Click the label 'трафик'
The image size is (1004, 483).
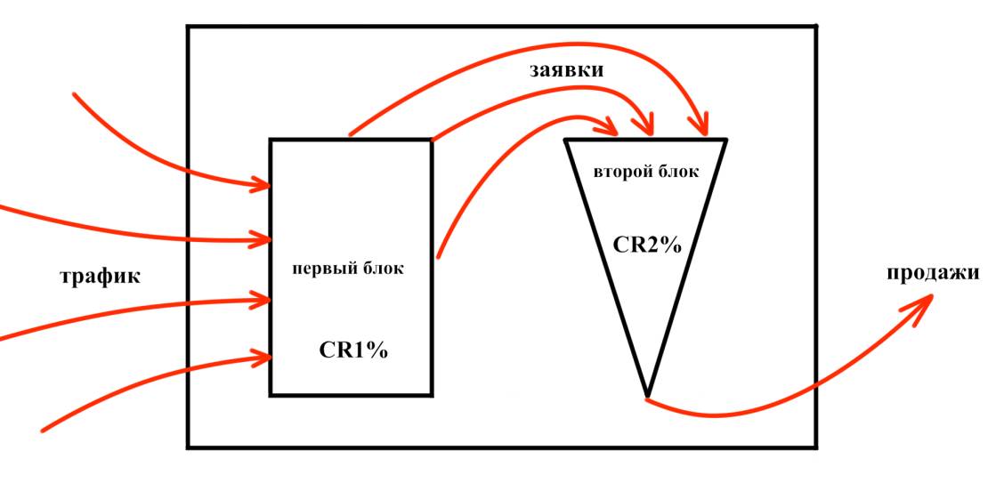point(100,277)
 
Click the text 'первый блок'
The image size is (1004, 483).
point(348,269)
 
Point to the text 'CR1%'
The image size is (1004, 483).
point(353,350)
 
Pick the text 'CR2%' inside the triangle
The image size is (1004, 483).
point(647,245)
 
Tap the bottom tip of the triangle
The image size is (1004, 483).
point(647,396)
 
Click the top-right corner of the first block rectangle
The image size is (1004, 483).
point(432,140)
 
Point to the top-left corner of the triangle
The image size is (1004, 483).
point(566,140)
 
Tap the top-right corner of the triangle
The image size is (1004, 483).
point(726,140)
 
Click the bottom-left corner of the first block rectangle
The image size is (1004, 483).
point(271,394)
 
